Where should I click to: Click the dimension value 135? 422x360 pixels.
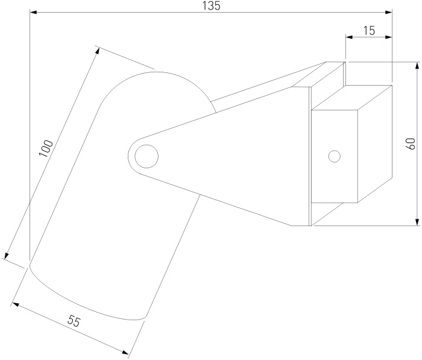click(x=211, y=5)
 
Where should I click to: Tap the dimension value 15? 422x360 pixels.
click(x=369, y=31)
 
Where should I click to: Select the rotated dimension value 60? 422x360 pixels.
click(x=411, y=144)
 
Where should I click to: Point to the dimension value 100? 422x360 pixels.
click(x=46, y=148)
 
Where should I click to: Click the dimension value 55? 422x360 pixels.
click(x=74, y=321)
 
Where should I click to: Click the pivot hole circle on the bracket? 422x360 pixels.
click(x=146, y=156)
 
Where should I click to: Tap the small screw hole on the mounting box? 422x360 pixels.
click(x=335, y=156)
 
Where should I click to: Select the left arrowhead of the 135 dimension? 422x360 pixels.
click(x=33, y=12)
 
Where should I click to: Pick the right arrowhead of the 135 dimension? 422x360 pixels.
click(x=388, y=12)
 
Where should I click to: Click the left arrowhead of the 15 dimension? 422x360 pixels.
click(x=349, y=37)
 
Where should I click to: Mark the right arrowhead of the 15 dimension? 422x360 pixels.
click(x=388, y=37)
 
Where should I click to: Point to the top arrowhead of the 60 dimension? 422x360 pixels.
click(x=417, y=66)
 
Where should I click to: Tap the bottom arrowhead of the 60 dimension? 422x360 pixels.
click(x=417, y=222)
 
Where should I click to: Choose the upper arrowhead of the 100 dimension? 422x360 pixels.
click(x=98, y=51)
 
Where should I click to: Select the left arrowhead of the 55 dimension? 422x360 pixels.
click(x=16, y=305)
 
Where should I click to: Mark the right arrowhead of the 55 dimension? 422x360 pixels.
click(x=125, y=352)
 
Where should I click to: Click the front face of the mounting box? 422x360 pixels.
click(x=335, y=156)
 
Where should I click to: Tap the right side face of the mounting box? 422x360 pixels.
click(x=375, y=144)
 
